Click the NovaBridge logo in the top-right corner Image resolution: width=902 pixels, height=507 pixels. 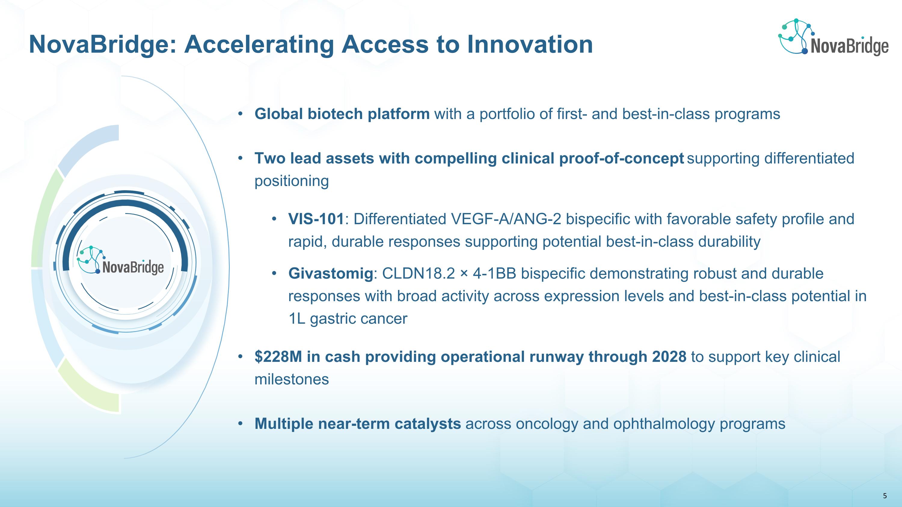[833, 37]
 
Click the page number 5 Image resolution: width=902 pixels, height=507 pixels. [885, 496]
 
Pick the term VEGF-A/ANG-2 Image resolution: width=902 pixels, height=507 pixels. [506, 219]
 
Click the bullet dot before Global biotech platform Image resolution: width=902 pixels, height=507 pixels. [240, 114]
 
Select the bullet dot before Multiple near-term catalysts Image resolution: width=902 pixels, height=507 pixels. [240, 424]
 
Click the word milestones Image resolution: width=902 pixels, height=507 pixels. [292, 379]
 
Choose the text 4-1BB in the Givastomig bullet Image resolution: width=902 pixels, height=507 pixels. [494, 273]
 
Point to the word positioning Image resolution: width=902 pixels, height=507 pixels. [292, 181]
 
